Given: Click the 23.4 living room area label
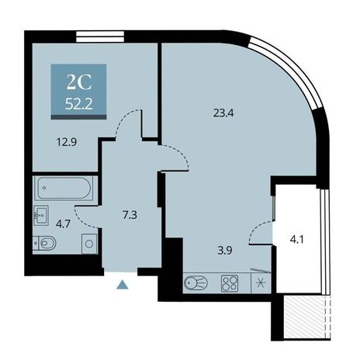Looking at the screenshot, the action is pos(223,113).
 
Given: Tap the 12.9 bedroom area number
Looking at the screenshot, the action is pos(67,142).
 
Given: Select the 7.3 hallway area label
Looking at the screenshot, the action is pos(130,215).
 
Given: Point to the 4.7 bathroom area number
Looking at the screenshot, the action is pos(63,224).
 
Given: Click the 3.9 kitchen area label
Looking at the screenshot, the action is pos(225,251).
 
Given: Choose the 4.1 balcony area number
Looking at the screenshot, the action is pos(296,240).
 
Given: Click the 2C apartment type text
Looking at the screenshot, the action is pos(79,83).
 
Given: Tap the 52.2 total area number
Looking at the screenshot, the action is pos(79,105).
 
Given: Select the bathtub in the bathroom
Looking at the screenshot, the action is pos(64,188).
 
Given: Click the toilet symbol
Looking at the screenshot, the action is pos(44,243).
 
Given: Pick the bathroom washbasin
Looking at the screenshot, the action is pos(41,215).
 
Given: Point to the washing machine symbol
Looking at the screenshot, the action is pos(89,244).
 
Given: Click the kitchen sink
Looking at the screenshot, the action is pos(196,282).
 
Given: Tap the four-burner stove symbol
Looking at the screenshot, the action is pos(230,283).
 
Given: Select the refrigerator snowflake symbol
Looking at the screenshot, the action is pos(261,283).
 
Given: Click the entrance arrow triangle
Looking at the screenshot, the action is pos(123,285).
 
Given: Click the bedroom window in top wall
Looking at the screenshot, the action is pos(100,36).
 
